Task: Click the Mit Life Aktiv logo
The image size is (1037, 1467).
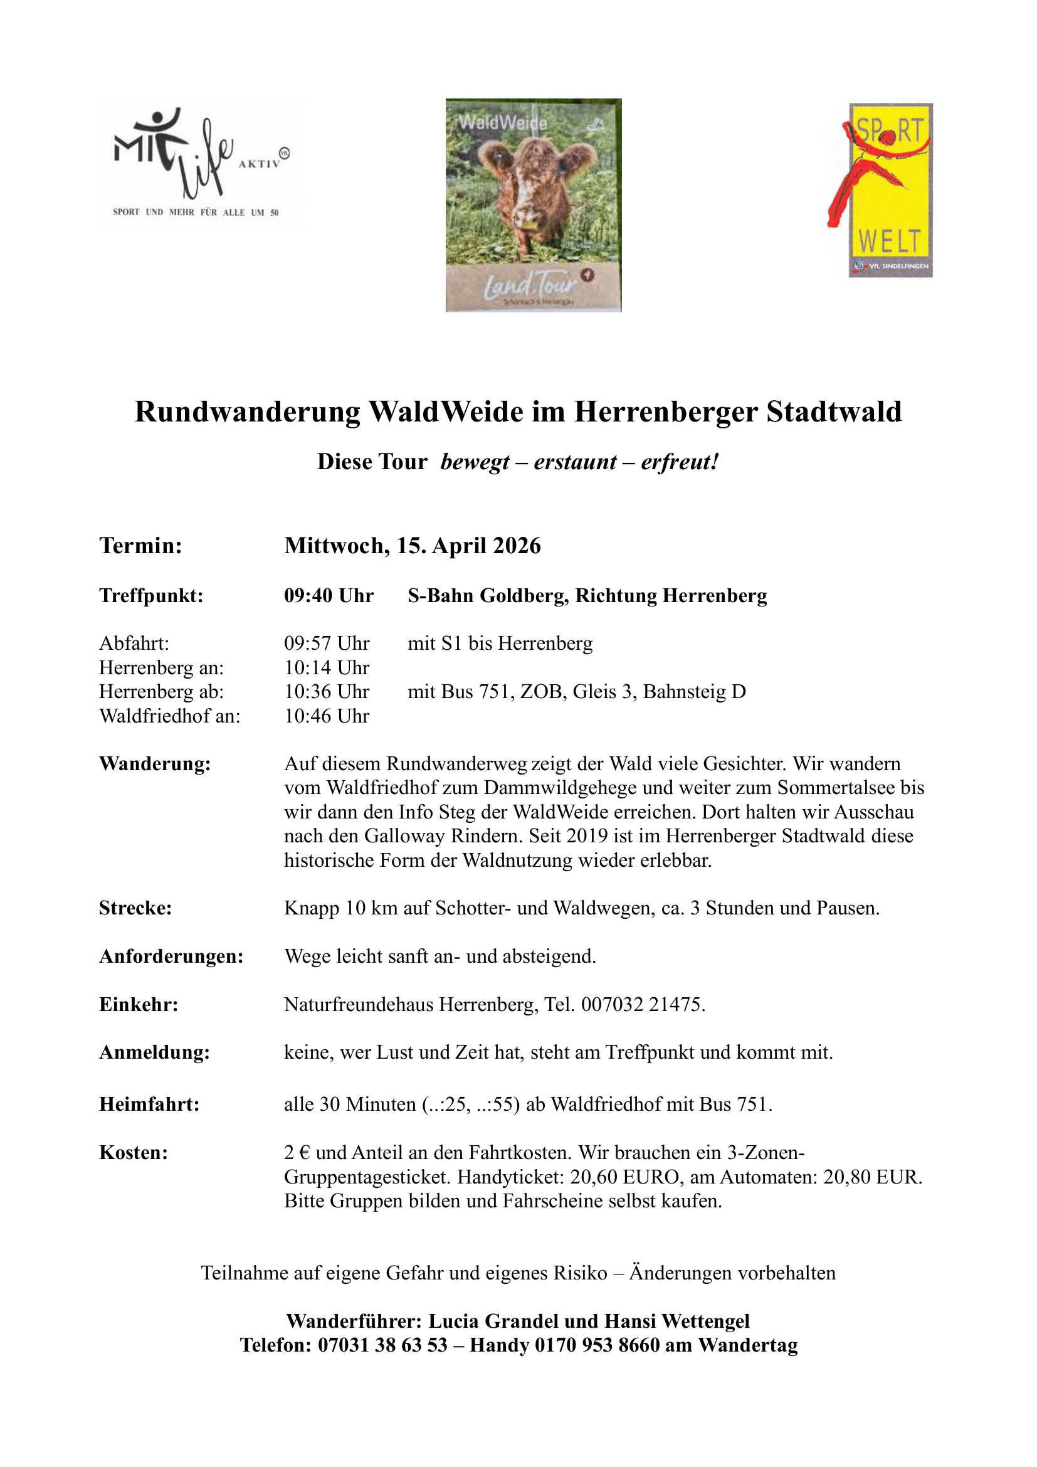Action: (x=201, y=163)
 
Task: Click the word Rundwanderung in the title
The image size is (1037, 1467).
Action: (x=247, y=412)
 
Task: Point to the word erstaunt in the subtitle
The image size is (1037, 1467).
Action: (x=575, y=462)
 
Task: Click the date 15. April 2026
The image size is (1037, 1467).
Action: (x=469, y=546)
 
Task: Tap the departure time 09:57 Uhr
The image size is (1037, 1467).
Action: (x=326, y=643)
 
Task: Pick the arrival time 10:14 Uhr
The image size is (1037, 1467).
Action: (x=326, y=668)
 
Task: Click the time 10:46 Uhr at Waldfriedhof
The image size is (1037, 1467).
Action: (x=326, y=716)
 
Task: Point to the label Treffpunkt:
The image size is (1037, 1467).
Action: (x=150, y=596)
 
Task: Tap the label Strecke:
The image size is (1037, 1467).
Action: (x=135, y=909)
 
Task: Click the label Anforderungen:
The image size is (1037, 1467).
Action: (x=171, y=956)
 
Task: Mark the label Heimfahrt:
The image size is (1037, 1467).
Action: (x=149, y=1104)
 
